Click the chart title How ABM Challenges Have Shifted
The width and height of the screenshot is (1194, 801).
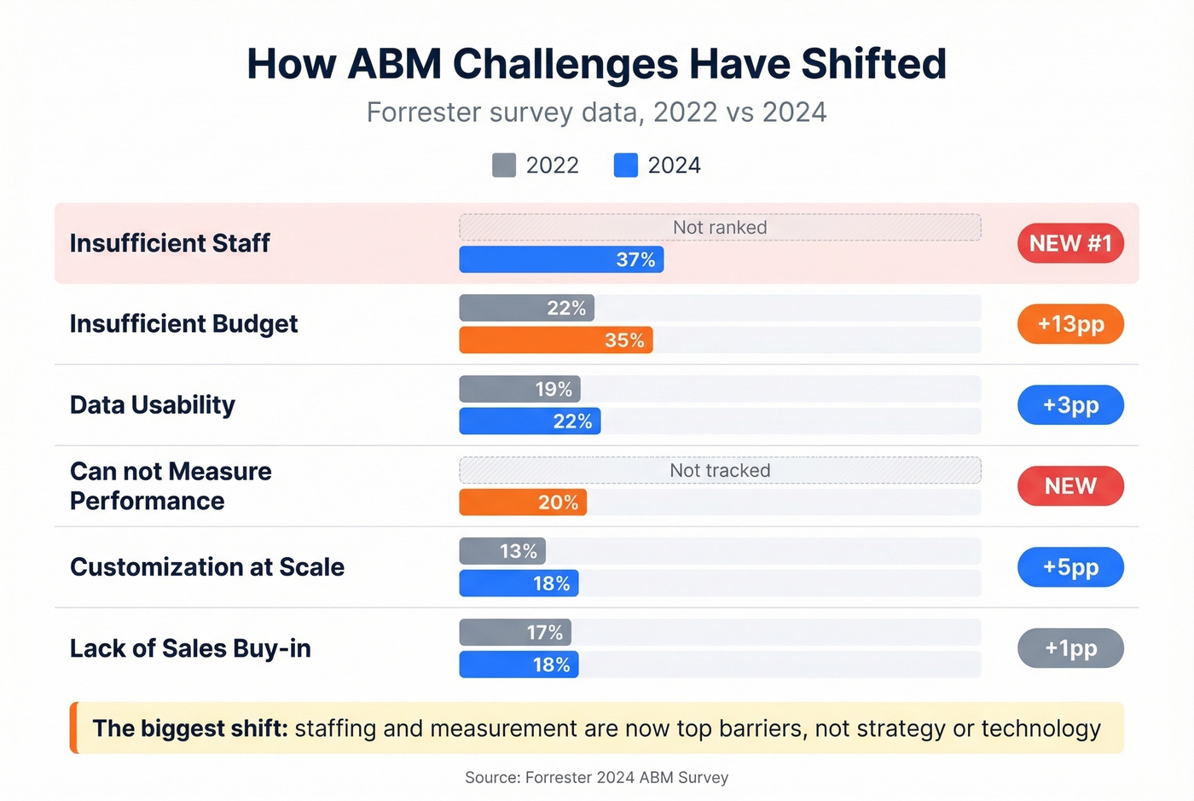pos(596,64)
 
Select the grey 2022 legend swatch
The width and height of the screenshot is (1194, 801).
pos(504,165)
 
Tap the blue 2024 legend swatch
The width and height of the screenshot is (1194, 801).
pos(625,165)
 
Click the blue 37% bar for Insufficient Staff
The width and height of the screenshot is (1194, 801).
pos(561,260)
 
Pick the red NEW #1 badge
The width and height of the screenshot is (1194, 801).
pos(1070,244)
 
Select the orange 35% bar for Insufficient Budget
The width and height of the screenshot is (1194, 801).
pos(555,340)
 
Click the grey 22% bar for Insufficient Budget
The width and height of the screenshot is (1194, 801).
pos(526,308)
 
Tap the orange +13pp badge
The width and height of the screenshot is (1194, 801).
pos(1070,324)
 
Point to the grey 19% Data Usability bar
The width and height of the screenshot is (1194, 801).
pos(519,389)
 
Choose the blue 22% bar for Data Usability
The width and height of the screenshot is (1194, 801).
pos(530,421)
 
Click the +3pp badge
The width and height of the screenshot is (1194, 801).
pos(1070,405)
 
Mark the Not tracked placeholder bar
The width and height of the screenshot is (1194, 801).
pos(720,470)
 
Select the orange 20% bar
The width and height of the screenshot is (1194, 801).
pos(523,502)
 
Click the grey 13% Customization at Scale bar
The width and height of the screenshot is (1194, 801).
pos(502,551)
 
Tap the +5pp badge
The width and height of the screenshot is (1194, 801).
pos(1070,567)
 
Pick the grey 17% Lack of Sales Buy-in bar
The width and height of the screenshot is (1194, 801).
pos(515,632)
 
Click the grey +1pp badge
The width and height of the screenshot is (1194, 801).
pos(1070,648)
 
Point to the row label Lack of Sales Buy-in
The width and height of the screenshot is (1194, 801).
pos(190,648)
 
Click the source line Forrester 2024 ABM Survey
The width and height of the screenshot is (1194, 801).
pos(596,777)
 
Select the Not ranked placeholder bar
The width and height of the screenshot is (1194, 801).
pos(720,228)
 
